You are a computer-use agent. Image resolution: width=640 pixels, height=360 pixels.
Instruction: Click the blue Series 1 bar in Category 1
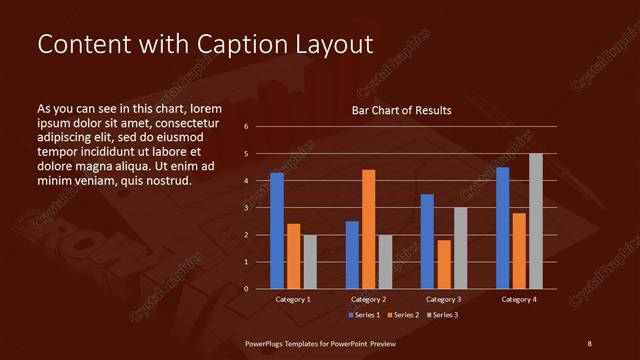(x=277, y=231)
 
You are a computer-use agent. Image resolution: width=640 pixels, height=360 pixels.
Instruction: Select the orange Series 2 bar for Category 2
(x=368, y=229)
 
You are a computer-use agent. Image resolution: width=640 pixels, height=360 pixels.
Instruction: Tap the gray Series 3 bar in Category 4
(x=535, y=221)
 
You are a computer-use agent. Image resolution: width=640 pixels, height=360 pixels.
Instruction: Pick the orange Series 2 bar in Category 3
(x=443, y=264)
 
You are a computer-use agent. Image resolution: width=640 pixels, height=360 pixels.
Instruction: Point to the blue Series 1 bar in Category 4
(x=502, y=228)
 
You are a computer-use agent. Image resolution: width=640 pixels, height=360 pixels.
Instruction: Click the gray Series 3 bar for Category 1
(x=310, y=262)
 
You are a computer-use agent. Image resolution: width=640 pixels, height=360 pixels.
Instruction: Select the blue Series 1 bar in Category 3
(x=427, y=241)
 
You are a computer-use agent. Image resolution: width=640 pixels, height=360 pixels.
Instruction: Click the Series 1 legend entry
(x=365, y=315)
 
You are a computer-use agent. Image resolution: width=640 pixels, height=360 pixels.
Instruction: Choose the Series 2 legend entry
(x=403, y=315)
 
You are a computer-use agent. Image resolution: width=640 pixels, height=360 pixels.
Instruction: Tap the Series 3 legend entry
(x=442, y=315)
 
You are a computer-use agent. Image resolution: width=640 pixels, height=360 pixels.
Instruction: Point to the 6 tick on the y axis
(x=246, y=127)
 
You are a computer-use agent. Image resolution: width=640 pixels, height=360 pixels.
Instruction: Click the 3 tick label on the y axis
(x=246, y=208)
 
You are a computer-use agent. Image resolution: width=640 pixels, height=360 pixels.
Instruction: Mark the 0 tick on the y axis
(x=246, y=289)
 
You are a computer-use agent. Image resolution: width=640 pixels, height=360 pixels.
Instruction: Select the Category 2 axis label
(x=368, y=299)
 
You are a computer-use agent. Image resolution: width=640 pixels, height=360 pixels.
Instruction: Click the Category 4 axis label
(x=518, y=299)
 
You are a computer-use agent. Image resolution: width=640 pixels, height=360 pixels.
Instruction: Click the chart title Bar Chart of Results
(x=401, y=110)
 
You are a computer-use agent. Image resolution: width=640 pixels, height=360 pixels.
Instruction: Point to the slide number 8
(x=589, y=343)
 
